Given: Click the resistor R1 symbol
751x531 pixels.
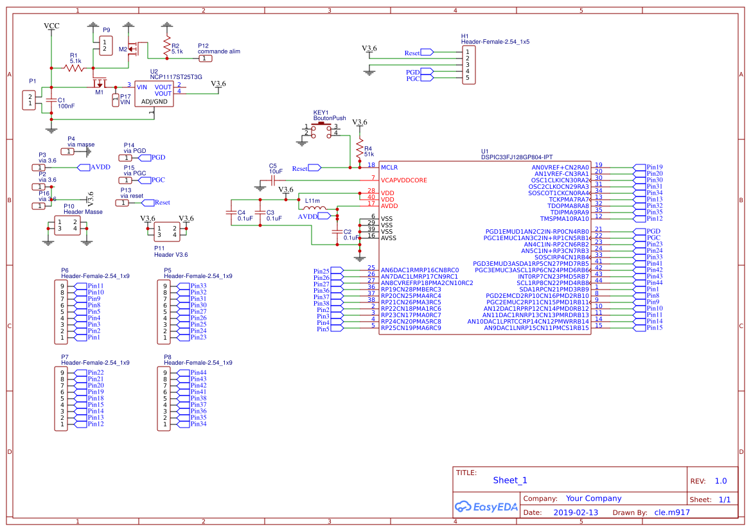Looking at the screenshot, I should (x=74, y=67).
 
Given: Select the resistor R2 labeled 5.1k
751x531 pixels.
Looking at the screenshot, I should (x=167, y=46).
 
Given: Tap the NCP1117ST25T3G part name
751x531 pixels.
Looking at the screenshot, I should (x=176, y=77).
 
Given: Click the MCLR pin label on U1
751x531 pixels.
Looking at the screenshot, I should (x=389, y=167).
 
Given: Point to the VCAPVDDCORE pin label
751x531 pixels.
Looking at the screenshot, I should (x=403, y=180).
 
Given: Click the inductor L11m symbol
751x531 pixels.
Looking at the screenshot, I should (x=313, y=207).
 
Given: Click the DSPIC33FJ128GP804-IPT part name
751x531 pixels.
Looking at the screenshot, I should (x=517, y=157).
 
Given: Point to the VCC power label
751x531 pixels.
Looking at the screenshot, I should (x=51, y=26).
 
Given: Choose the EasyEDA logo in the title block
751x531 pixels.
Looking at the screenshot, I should (x=486, y=507).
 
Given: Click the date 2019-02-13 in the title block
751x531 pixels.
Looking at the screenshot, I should (x=575, y=512).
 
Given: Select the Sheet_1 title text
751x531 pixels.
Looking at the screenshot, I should (x=510, y=480).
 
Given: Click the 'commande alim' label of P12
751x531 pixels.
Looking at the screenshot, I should (x=218, y=51).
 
